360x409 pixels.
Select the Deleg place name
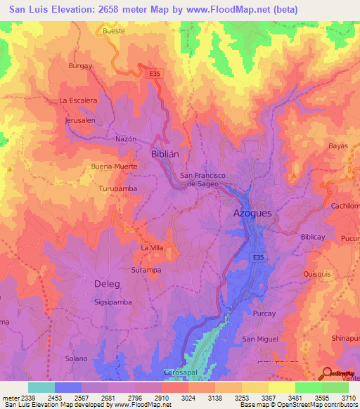pos(107,284)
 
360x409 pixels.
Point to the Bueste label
pos(113,31)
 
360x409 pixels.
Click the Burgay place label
pos(80,65)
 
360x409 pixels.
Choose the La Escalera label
pos(78,100)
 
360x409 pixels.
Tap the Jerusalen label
pos(79,121)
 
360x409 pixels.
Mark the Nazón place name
pos(125,140)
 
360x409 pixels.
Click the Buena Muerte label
pos(114,167)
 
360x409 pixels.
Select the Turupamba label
pos(117,189)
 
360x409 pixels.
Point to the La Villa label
pos(152,248)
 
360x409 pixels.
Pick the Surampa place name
pos(146,270)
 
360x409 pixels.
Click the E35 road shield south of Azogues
pos(259,258)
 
